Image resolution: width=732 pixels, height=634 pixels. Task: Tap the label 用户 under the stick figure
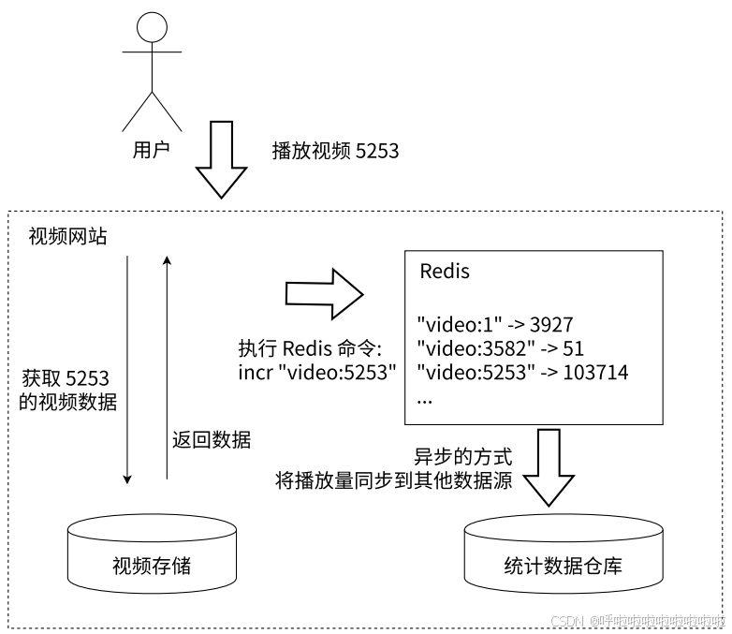point(152,150)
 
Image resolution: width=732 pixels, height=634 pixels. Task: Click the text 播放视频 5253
point(335,150)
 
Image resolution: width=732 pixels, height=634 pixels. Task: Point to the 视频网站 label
point(68,236)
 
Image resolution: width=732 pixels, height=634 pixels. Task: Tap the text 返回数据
point(212,439)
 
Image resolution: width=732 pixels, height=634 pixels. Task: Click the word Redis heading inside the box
point(445,273)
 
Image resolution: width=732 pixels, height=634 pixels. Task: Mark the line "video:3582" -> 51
point(501,348)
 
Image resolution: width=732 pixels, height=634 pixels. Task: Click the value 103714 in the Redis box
point(592,373)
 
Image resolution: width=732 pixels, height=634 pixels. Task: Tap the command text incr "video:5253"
point(317,373)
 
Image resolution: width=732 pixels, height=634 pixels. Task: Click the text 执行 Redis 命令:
point(310,349)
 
